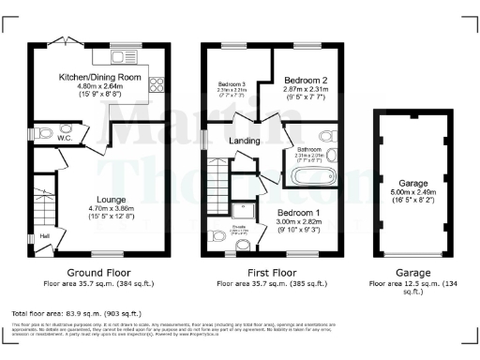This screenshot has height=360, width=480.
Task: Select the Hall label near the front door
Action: coord(45,236)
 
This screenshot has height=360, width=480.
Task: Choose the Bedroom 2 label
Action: coord(306,82)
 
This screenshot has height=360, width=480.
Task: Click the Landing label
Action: coord(244,141)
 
